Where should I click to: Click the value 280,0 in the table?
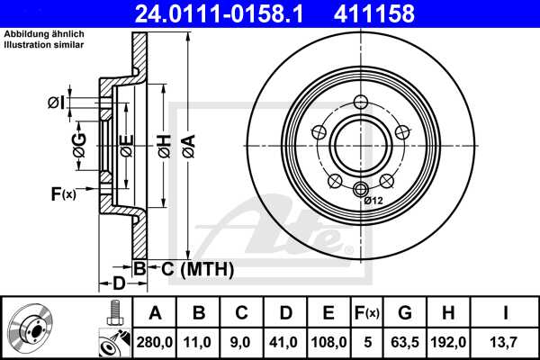(x=154, y=341)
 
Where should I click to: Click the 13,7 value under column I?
(x=505, y=341)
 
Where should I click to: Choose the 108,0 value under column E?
(x=328, y=341)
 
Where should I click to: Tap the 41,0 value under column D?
(x=285, y=341)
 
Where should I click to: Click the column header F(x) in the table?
(x=366, y=313)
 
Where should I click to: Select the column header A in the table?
(x=154, y=313)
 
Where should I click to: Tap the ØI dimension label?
(x=56, y=103)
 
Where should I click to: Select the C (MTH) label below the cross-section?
(x=197, y=269)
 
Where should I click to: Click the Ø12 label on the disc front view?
(x=374, y=200)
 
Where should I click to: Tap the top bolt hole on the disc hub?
(x=362, y=101)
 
